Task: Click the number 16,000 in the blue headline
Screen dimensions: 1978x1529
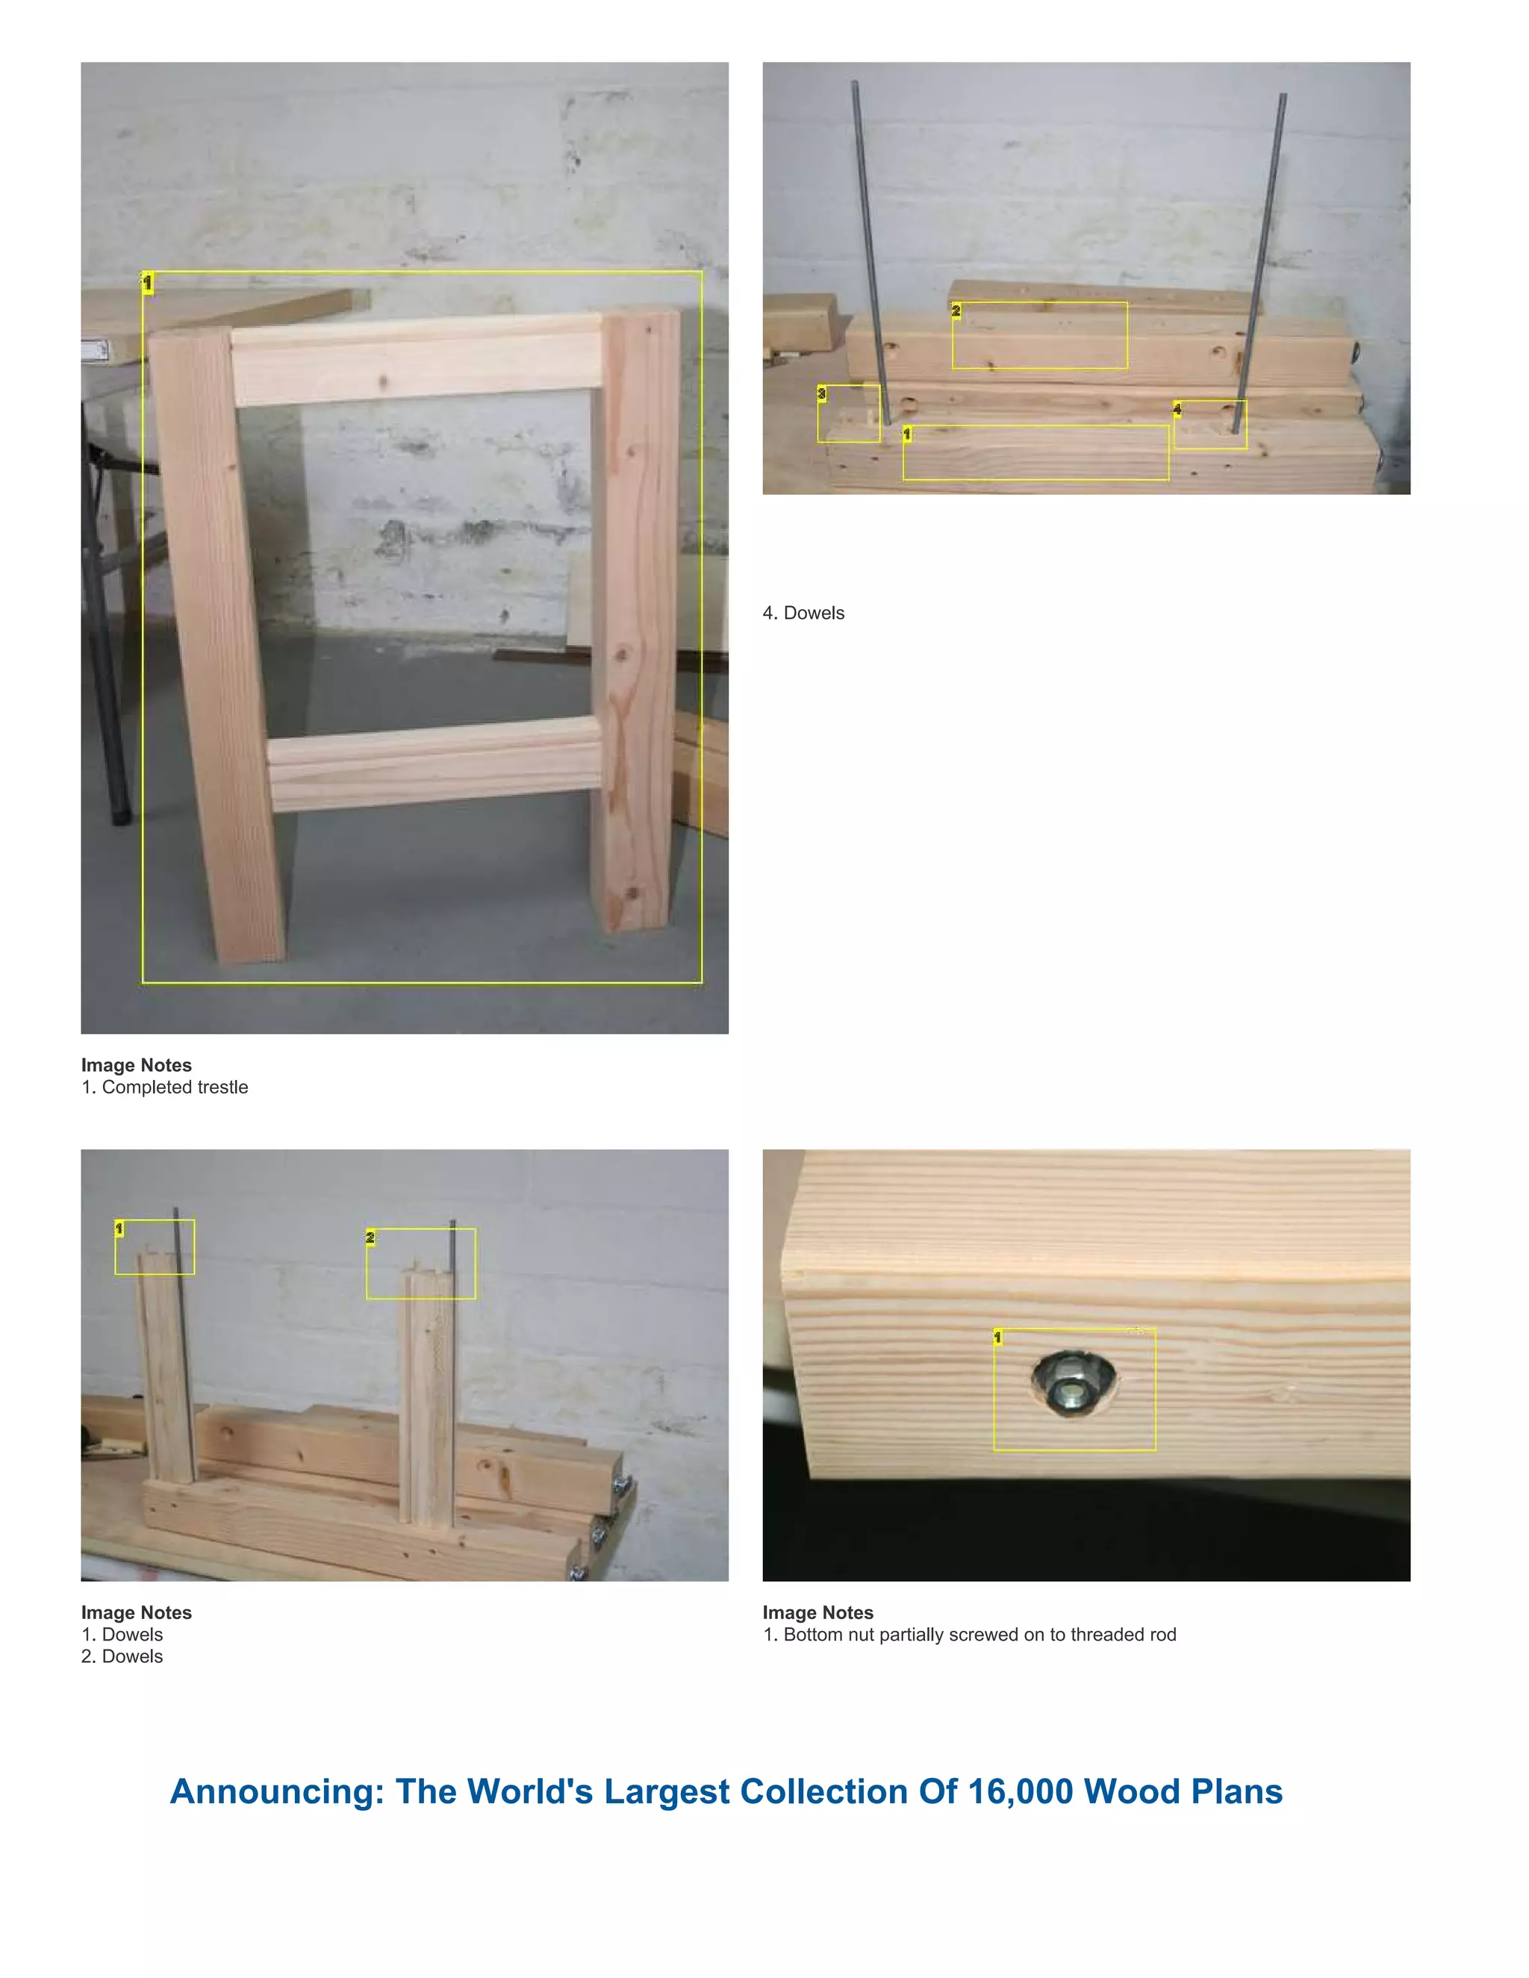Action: click(1020, 1791)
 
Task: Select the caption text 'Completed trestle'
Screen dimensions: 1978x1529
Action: click(175, 1087)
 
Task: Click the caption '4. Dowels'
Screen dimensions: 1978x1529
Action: click(803, 613)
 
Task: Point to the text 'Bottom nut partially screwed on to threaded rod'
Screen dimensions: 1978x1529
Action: click(980, 1635)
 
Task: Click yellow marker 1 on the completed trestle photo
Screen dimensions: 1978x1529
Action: click(148, 283)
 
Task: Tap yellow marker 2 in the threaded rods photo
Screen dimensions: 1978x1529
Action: click(956, 311)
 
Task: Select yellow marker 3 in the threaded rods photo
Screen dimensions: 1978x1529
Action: click(821, 393)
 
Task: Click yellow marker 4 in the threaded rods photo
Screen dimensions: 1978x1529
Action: click(1177, 409)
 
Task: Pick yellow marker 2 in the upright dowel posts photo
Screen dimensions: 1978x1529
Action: click(370, 1237)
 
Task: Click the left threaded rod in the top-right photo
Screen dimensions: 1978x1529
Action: click(870, 254)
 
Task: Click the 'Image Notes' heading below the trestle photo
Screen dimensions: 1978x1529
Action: click(136, 1065)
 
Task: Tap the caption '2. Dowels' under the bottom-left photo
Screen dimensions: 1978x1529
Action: click(122, 1656)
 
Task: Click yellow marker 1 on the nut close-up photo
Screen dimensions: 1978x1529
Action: click(998, 1337)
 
